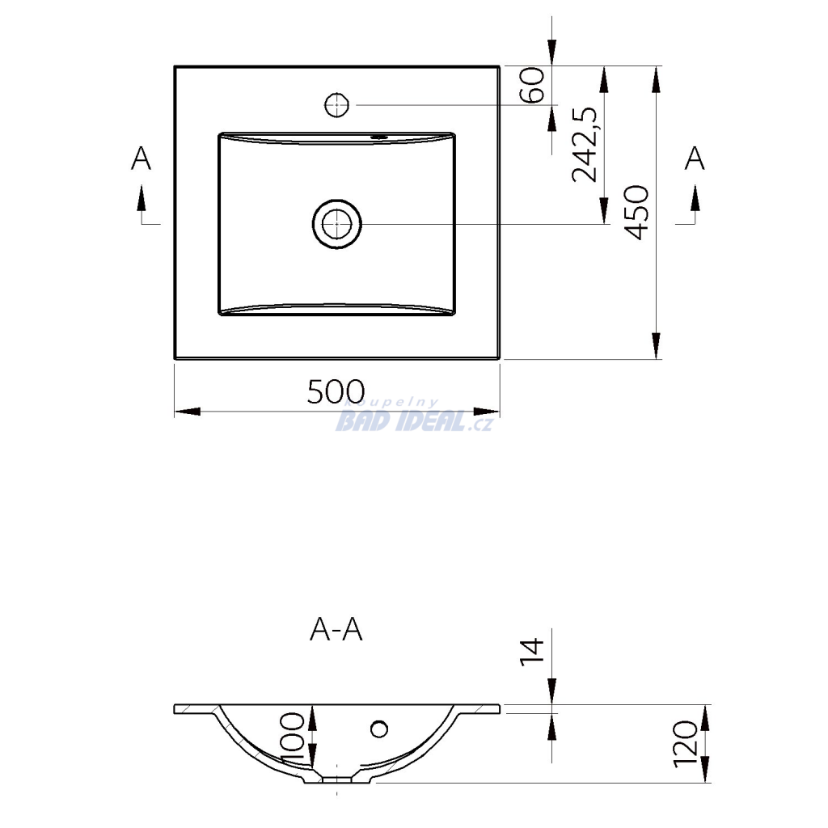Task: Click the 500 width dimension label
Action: (336, 391)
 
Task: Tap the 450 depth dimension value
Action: (636, 213)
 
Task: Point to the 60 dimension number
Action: (532, 85)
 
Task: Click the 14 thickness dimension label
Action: (532, 652)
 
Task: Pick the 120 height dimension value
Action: (686, 744)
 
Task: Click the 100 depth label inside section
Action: (293, 737)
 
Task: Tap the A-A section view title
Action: (336, 629)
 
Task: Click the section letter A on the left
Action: (141, 158)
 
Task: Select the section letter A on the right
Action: (695, 158)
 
